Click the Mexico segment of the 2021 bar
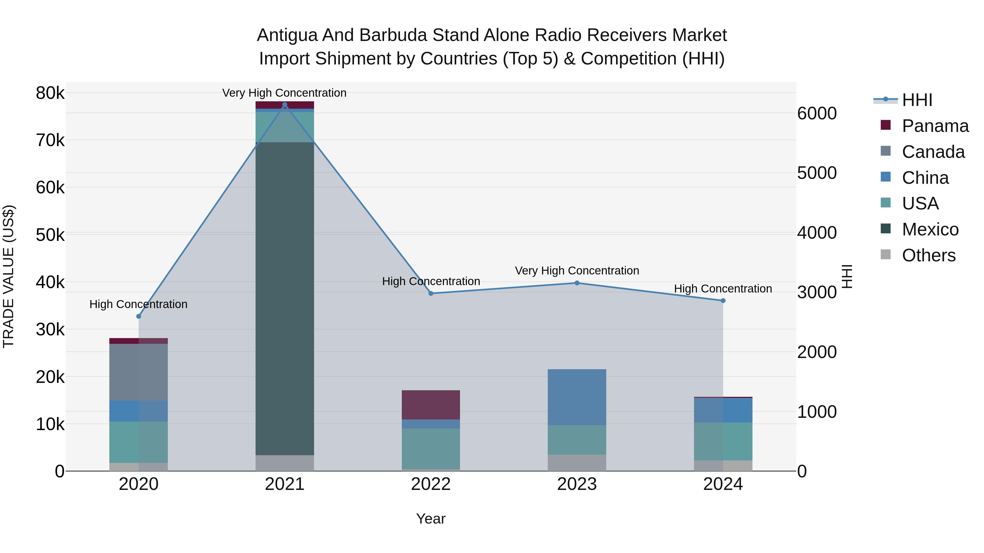click(285, 298)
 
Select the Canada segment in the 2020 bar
click(138, 372)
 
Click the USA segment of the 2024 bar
click(723, 441)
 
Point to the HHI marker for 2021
click(285, 105)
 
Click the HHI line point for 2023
click(577, 283)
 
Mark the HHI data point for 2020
click(139, 317)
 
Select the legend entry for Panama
click(935, 126)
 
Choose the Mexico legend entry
click(930, 229)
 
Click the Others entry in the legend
click(928, 255)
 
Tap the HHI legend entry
click(917, 100)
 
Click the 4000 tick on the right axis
click(817, 232)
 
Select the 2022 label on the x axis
click(430, 484)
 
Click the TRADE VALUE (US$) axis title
click(8, 276)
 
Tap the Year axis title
click(430, 519)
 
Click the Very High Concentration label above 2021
click(284, 93)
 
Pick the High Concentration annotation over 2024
click(723, 289)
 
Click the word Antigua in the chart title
click(287, 35)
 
